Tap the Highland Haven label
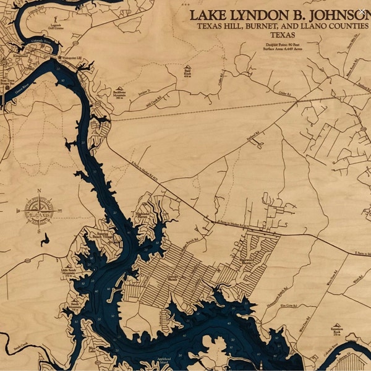143,216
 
